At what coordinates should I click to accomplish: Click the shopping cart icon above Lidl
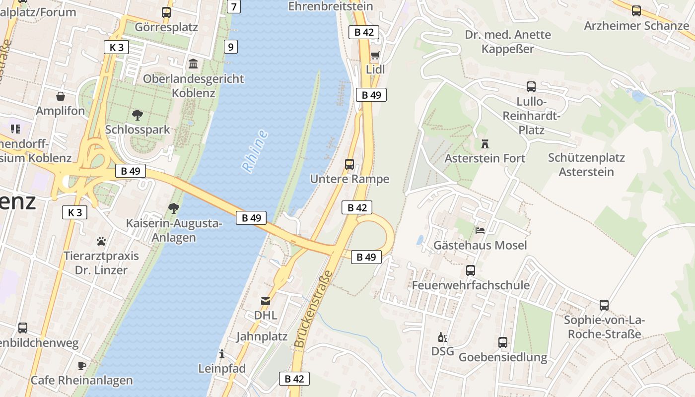point(375,55)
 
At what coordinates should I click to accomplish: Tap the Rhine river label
point(255,151)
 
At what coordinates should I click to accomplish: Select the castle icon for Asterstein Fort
point(485,144)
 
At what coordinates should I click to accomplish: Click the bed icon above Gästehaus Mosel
point(480,231)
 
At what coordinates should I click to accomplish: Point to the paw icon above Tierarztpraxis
point(101,242)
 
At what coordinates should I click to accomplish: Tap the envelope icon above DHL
point(266,301)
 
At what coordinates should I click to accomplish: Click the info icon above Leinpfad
point(221,354)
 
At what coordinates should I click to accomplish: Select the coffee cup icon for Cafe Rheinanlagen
point(82,366)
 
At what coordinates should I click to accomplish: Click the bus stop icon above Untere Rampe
point(349,164)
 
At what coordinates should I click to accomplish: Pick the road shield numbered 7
point(234,6)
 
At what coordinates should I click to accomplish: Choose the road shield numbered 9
point(230,47)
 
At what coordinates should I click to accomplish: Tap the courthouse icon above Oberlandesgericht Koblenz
point(193,64)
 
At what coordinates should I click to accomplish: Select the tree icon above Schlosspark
point(138,115)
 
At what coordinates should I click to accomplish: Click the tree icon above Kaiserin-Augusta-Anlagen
point(174,208)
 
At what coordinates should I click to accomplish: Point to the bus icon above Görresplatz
point(166,12)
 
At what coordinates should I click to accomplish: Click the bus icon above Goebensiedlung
point(503,342)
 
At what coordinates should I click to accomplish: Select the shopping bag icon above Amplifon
point(61,96)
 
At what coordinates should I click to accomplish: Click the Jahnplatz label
point(262,336)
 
